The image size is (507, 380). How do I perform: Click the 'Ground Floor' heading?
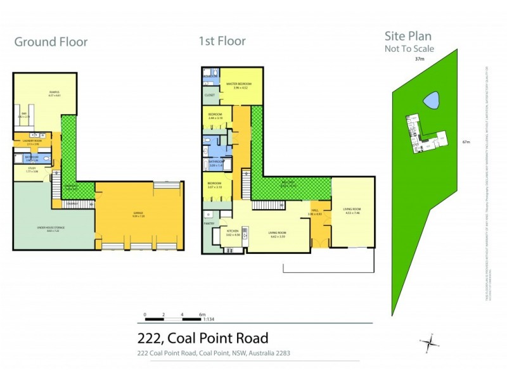[51, 42]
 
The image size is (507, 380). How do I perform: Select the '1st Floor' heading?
[222, 42]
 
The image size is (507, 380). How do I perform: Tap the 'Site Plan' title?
[409, 37]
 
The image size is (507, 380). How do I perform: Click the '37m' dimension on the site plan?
[419, 59]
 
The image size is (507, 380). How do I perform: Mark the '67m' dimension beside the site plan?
[466, 142]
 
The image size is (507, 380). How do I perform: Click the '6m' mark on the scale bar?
[202, 314]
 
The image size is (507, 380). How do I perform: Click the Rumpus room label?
[54, 93]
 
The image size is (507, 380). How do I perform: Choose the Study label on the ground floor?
[32, 168]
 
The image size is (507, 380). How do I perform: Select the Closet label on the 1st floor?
[210, 95]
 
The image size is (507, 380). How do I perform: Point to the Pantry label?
[209, 223]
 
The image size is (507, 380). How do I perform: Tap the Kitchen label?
[233, 232]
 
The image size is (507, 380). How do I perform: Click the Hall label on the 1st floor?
[315, 210]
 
